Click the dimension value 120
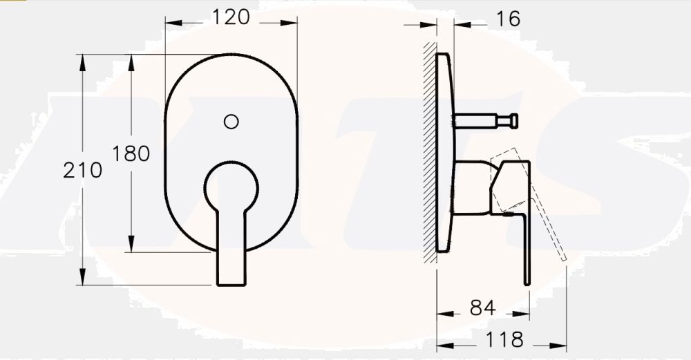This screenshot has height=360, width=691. (231, 18)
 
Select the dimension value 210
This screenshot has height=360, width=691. (82, 170)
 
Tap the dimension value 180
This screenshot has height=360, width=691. (131, 153)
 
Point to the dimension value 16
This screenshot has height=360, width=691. (508, 19)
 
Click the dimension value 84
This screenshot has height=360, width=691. (482, 308)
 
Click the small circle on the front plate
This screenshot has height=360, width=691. (231, 122)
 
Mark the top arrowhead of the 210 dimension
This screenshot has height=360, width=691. (83, 61)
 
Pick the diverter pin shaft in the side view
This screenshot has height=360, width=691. (477, 122)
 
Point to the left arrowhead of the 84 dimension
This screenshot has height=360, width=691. (444, 313)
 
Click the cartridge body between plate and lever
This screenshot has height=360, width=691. (471, 188)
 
